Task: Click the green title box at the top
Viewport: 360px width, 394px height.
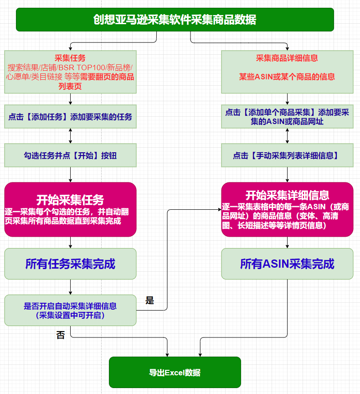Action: point(175,20)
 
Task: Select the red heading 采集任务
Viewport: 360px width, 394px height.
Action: point(70,58)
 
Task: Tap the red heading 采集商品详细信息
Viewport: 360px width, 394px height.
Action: point(287,58)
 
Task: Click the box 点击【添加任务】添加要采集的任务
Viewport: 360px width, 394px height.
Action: point(70,117)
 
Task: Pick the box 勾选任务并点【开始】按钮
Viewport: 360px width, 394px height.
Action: point(70,156)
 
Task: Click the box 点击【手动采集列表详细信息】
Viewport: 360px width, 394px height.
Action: point(287,156)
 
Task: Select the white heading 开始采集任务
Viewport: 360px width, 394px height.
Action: point(70,200)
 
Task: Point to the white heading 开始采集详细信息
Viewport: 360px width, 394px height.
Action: point(287,195)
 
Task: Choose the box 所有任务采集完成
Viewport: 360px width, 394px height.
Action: point(70,264)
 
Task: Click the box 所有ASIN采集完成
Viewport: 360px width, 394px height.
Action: point(287,264)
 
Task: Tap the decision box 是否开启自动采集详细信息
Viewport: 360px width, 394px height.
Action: point(70,311)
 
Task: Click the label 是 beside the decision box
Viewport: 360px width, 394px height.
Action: point(149,300)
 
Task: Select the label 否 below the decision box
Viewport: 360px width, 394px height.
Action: point(61,335)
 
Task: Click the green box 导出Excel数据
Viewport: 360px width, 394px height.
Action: point(175,373)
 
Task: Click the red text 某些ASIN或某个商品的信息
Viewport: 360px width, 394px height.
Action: point(287,77)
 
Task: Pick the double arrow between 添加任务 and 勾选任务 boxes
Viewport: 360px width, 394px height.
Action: point(70,136)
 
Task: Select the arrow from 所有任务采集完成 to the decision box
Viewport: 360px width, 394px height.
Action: point(70,287)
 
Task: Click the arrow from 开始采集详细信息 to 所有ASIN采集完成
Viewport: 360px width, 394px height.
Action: point(287,243)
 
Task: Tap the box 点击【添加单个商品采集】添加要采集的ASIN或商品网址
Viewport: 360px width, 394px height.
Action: point(287,117)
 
